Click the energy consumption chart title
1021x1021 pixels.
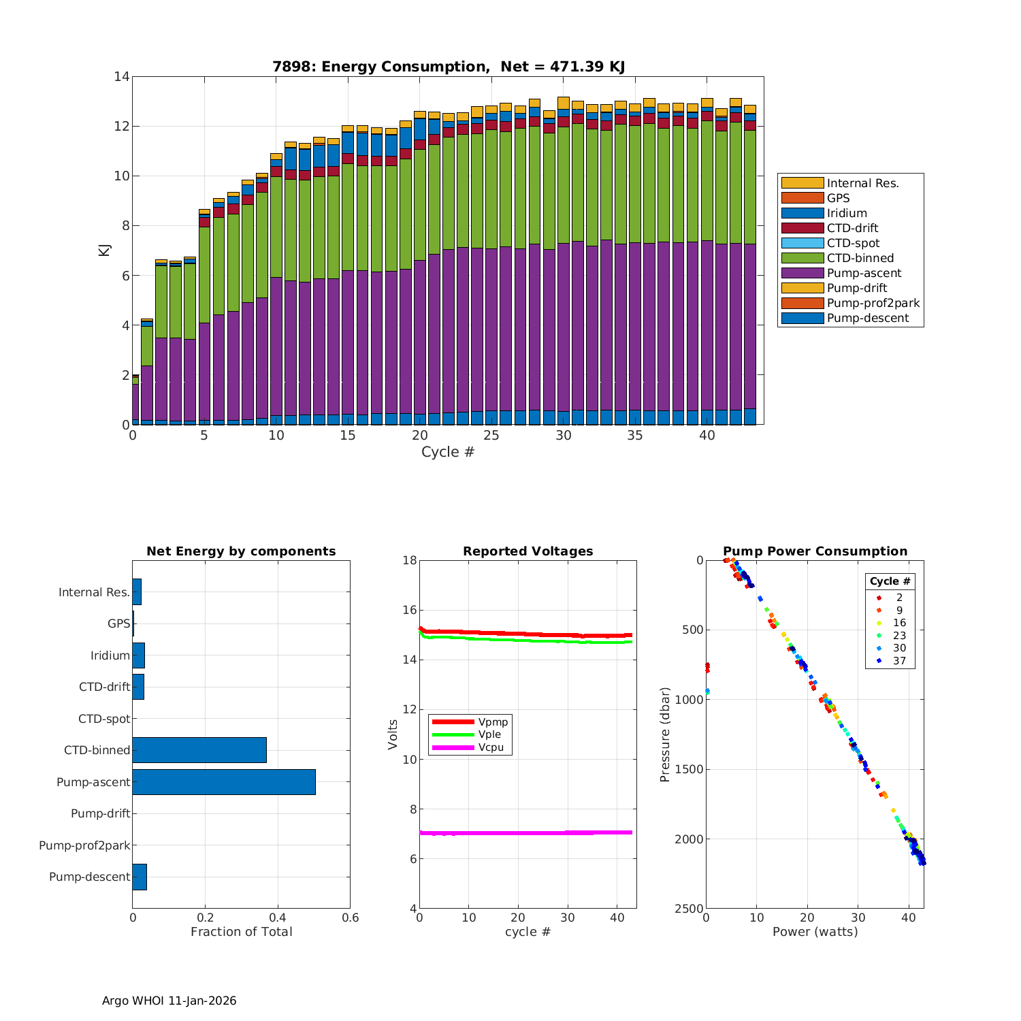click(x=448, y=67)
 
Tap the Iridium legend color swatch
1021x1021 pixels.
click(x=802, y=213)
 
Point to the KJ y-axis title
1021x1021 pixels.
click(x=104, y=250)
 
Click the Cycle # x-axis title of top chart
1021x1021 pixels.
click(x=447, y=452)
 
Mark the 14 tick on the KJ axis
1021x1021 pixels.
click(x=122, y=76)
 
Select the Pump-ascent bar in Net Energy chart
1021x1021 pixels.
click(x=224, y=782)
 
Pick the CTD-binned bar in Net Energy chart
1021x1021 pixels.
click(x=199, y=750)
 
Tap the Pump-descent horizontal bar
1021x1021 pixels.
click(x=140, y=877)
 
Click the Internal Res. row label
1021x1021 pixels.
click(x=94, y=592)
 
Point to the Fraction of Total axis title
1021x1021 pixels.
click(x=241, y=932)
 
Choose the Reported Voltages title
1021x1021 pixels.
click(x=528, y=551)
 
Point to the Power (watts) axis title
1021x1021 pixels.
click(x=815, y=932)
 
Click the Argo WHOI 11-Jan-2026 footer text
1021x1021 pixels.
click(x=169, y=1001)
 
